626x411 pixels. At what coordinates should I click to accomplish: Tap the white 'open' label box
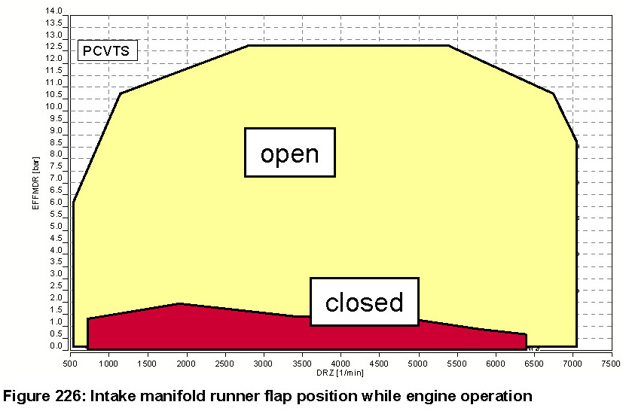point(289,153)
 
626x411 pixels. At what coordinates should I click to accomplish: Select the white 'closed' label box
point(364,302)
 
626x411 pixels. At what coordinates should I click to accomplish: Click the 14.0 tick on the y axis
point(54,11)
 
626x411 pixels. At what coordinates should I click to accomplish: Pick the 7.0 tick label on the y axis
point(54,179)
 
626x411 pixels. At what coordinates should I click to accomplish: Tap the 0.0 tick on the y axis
point(54,346)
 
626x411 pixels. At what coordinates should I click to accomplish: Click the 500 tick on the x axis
point(70,363)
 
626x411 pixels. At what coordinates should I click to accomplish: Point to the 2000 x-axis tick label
point(185,363)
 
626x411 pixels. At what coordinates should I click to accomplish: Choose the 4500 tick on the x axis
point(380,363)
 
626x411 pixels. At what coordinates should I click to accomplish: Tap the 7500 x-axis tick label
point(611,363)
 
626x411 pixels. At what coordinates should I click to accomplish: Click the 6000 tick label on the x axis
point(495,363)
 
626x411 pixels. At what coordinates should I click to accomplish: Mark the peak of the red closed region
point(179,303)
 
